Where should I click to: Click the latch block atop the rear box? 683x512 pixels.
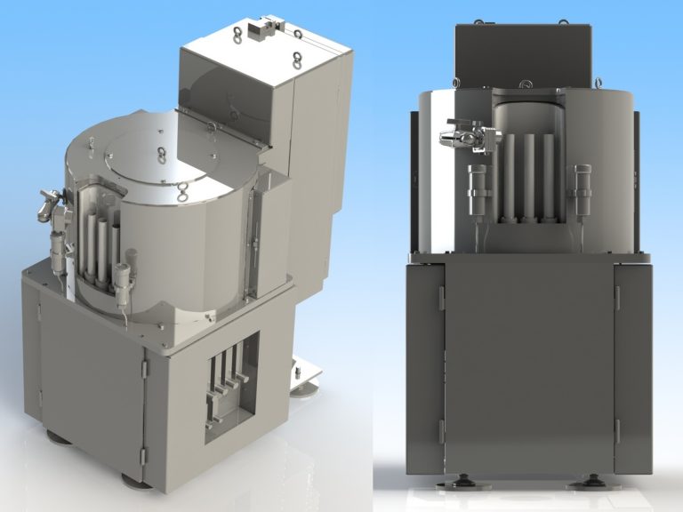pos(261,30)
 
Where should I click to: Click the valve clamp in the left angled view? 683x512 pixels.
pos(49,204)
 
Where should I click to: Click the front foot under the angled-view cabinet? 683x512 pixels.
pos(135,481)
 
